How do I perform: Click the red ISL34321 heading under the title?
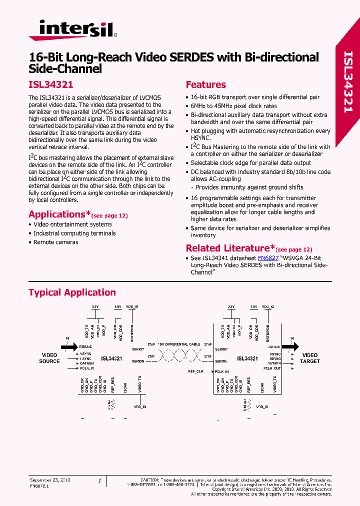51,85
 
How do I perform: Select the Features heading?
205,84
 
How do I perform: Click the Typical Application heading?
72,292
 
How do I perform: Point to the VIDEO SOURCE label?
49,358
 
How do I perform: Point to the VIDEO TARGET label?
309,358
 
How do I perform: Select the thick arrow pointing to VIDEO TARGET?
289,346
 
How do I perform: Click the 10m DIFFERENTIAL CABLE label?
178,344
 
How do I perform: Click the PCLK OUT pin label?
272,368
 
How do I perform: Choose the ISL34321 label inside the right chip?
247,358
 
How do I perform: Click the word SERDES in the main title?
192,57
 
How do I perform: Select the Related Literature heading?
227,248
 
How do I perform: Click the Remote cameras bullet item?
55,242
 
